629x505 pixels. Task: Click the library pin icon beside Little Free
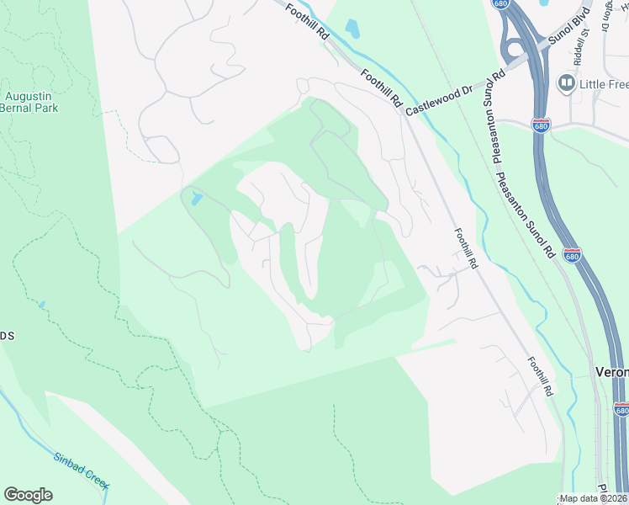[x=566, y=83]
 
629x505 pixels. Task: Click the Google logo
[x=29, y=495]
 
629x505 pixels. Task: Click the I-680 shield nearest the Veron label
[x=621, y=409]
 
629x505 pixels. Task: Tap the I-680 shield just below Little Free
[x=542, y=125]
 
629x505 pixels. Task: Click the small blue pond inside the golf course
[x=197, y=199]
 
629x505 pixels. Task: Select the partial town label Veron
[x=611, y=371]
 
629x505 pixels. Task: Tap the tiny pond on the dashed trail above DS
[x=42, y=304]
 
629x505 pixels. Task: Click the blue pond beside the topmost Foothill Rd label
[x=351, y=29]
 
